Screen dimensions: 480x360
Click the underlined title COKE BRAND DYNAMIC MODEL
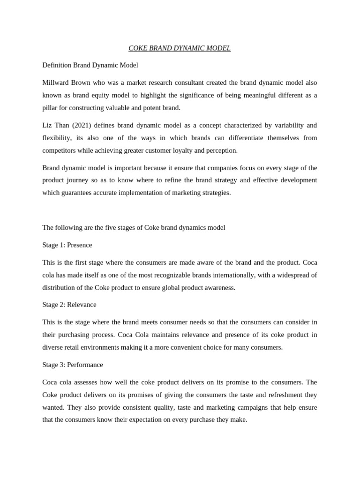(180, 48)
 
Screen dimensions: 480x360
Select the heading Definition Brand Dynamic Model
(90, 65)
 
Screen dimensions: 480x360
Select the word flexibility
(58, 138)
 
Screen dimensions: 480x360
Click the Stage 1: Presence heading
(67, 245)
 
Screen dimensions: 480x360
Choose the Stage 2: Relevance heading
(69, 304)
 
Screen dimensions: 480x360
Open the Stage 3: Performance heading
(73, 365)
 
